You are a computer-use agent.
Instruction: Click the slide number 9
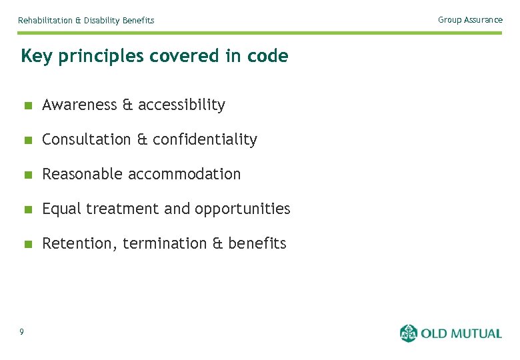pos(22,332)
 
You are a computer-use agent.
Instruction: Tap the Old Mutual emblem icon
pos(409,333)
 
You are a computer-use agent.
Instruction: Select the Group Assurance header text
pos(470,20)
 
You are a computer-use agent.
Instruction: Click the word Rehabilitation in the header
pos(45,21)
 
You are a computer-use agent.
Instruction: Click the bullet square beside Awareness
pos(27,105)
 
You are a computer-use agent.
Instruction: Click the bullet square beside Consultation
pos(27,140)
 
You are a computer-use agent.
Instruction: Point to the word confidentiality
pos(205,139)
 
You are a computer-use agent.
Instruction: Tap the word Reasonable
pos(82,174)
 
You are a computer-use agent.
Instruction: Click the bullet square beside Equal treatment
pos(27,209)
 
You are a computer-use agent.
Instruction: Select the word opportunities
pos(242,209)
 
